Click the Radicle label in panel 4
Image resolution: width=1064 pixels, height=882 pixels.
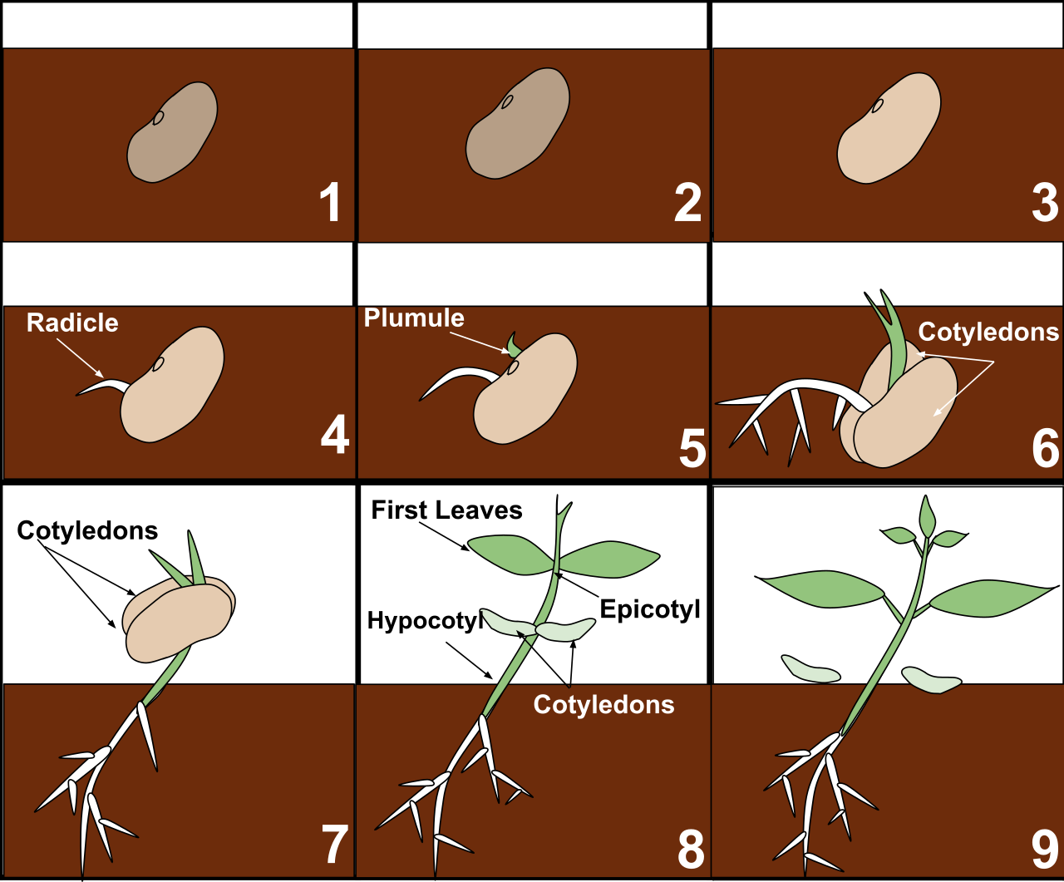72,323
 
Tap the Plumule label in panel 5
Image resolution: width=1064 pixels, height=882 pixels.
414,318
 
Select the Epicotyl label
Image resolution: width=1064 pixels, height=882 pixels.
650,609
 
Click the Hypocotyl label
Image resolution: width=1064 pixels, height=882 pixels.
425,621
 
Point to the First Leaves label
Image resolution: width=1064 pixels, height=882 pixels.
446,510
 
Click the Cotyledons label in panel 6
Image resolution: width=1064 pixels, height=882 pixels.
988,332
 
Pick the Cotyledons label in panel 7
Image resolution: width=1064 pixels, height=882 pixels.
87,530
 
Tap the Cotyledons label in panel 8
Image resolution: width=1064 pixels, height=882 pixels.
603,705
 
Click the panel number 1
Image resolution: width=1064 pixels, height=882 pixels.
331,202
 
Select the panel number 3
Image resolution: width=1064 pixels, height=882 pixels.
1045,203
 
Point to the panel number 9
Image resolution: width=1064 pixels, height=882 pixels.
1045,850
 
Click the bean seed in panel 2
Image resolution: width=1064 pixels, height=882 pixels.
518,124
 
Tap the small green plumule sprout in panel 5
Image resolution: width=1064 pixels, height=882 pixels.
514,346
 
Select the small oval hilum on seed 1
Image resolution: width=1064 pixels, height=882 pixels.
159,118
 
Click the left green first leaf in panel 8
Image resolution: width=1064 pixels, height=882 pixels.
510,554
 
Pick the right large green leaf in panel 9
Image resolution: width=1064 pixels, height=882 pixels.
993,598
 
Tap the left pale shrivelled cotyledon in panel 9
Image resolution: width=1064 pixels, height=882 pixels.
810,669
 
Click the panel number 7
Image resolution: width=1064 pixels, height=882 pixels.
335,845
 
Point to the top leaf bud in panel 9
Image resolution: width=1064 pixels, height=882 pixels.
927,516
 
